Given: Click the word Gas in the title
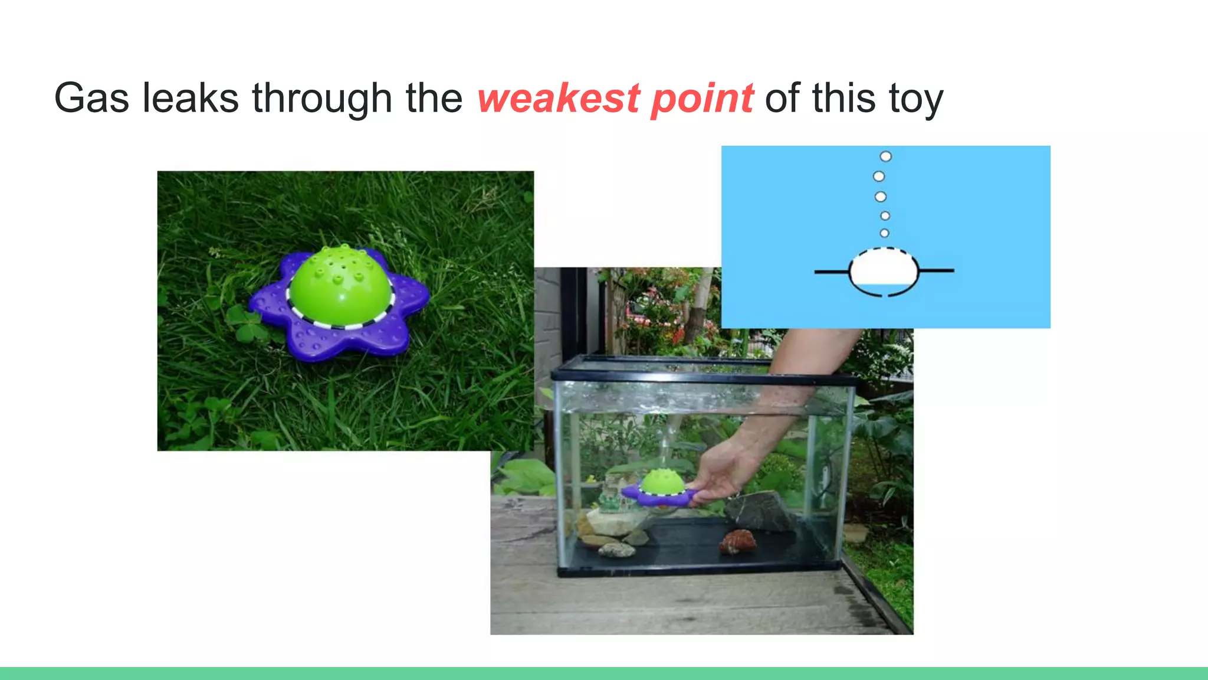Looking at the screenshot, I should [x=91, y=98].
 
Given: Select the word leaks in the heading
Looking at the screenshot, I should [x=191, y=98].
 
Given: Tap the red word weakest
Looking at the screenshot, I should [x=559, y=98].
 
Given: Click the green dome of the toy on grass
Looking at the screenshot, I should [x=340, y=284].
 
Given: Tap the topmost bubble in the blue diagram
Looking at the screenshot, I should [x=885, y=156].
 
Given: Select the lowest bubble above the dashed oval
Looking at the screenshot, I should [x=884, y=233].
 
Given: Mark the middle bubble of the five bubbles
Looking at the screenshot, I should [x=880, y=197].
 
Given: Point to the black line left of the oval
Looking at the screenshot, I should [x=832, y=272].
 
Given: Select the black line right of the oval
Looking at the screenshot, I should [x=936, y=270].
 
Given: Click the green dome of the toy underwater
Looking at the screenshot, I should [x=661, y=481].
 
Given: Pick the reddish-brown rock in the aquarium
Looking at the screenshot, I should [x=737, y=541].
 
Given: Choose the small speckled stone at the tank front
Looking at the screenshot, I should [x=617, y=550].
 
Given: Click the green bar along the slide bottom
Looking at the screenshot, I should [x=604, y=673].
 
